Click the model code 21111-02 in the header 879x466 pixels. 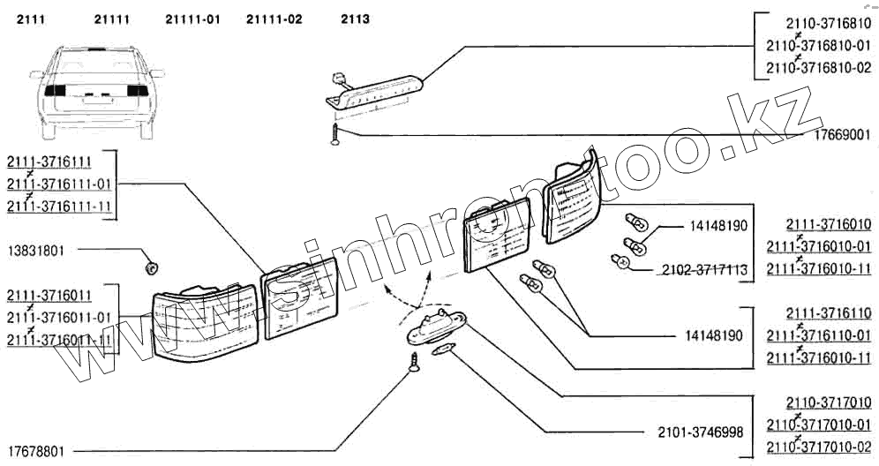click(x=274, y=19)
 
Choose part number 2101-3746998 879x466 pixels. click(x=700, y=432)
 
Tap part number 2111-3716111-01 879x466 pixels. click(x=60, y=184)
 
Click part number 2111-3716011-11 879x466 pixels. click(x=60, y=339)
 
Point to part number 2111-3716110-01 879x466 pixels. click(x=818, y=335)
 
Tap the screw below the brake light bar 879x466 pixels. click(x=334, y=135)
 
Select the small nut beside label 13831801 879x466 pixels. click(x=152, y=264)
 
